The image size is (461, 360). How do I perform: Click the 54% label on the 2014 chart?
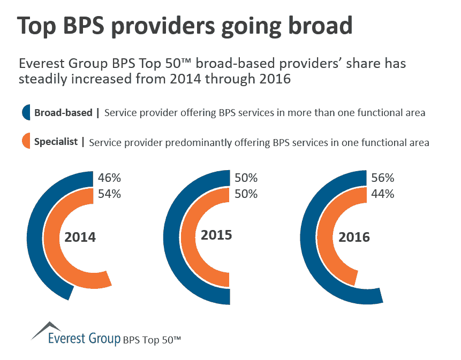click(x=110, y=194)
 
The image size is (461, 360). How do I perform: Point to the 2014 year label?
click(x=80, y=237)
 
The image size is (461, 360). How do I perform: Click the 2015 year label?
click(x=216, y=234)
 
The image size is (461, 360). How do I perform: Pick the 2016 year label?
click(x=354, y=236)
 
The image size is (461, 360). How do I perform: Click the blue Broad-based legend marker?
click(x=26, y=112)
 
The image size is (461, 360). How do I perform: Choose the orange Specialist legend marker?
click(x=26, y=142)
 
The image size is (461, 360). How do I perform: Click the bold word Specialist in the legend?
click(x=56, y=142)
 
